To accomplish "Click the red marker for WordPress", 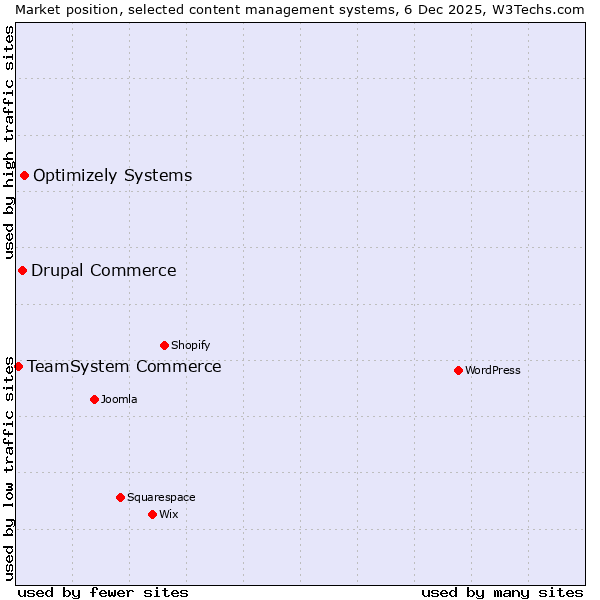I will (x=458, y=370).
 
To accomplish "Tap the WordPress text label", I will (x=492, y=370).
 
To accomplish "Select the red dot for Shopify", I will (x=164, y=345).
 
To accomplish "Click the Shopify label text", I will (x=190, y=345).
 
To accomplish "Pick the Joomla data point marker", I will (x=94, y=399).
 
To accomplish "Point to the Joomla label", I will (x=119, y=399).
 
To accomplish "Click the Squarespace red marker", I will (x=120, y=497).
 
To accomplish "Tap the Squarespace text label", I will (x=161, y=497).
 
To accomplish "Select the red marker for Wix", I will (x=152, y=514).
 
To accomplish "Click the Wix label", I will (x=168, y=514).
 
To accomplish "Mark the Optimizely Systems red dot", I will (x=24, y=175).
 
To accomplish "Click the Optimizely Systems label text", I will (x=112, y=176).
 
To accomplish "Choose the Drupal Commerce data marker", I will (x=22, y=270).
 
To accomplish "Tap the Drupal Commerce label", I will (x=103, y=270).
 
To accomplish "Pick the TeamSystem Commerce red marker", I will (x=18, y=366).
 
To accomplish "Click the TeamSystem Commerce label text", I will (x=124, y=367).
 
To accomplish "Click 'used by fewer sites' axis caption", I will (x=103, y=592).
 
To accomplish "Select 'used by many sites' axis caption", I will (x=502, y=592).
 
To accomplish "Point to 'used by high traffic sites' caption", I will (x=9, y=142).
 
